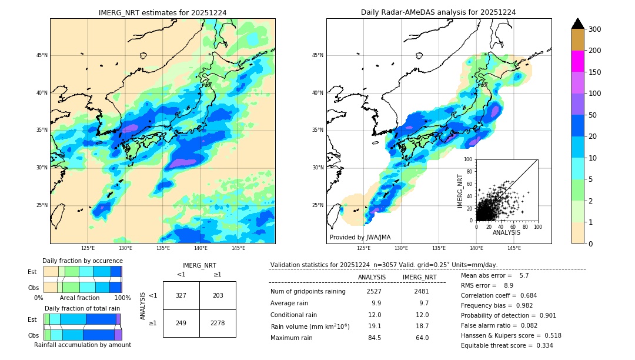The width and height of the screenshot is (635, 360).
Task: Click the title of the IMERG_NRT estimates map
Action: (162, 12)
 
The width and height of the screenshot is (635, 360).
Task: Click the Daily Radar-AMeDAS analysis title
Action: (438, 12)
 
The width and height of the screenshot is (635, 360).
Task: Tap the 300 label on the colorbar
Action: (595, 29)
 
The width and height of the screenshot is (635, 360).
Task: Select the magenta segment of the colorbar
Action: (577, 61)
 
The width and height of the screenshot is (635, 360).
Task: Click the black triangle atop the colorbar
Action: (577, 24)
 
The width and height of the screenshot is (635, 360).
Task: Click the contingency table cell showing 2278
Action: (218, 323)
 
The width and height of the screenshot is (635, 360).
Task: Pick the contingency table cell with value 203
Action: (218, 295)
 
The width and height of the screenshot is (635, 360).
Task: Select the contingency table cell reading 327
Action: (181, 295)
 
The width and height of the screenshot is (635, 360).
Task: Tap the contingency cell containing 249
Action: (181, 323)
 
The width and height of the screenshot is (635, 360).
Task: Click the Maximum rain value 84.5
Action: (374, 338)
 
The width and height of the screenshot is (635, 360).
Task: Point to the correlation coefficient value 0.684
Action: (524, 295)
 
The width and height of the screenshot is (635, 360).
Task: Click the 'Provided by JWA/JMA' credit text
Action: (360, 237)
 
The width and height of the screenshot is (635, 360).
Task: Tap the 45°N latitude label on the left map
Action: (41, 55)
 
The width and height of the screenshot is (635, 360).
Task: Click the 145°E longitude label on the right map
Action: (514, 248)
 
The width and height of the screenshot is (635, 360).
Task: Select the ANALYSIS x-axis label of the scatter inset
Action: (506, 232)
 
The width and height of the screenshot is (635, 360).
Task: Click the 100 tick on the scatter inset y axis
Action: (469, 159)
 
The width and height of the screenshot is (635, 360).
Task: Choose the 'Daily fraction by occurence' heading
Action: (82, 261)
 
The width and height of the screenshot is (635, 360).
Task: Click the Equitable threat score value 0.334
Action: (540, 345)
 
